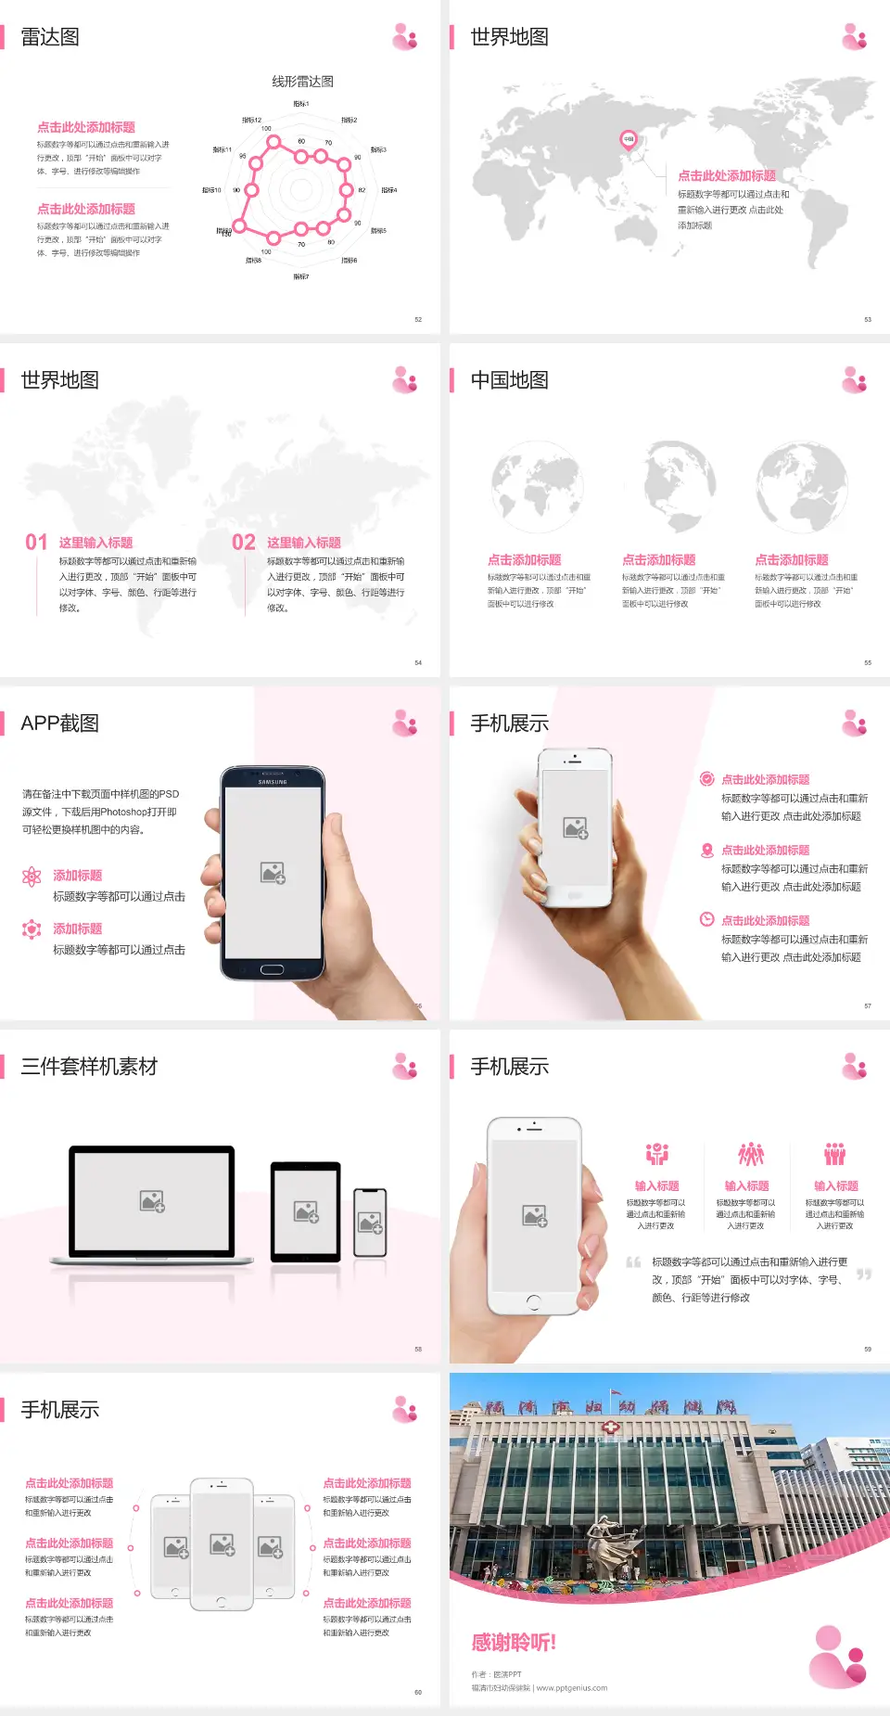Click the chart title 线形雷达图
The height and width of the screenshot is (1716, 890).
[x=302, y=82]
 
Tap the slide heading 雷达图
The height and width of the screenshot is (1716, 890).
[x=50, y=37]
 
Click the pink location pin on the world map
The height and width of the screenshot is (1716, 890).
[x=628, y=140]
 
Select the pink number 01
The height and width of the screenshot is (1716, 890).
[x=36, y=543]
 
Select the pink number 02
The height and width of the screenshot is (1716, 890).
[x=244, y=543]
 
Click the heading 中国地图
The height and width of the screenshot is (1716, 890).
[x=509, y=380]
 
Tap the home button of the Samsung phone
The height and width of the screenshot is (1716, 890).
[x=272, y=969]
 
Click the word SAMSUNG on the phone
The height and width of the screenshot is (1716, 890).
[x=273, y=782]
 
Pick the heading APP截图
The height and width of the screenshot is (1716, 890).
[x=59, y=724]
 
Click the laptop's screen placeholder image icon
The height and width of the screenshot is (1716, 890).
[x=152, y=1201]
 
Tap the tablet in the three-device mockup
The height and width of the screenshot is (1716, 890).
[x=306, y=1210]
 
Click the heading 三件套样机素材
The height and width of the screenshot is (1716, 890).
[x=89, y=1067]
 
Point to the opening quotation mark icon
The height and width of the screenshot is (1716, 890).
[x=633, y=1262]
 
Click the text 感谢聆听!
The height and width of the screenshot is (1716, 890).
[x=514, y=1643]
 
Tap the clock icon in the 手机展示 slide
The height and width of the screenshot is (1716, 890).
[x=706, y=919]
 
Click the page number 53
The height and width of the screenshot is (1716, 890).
[x=868, y=319]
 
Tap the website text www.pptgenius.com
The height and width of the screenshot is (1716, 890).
[x=572, y=1688]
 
